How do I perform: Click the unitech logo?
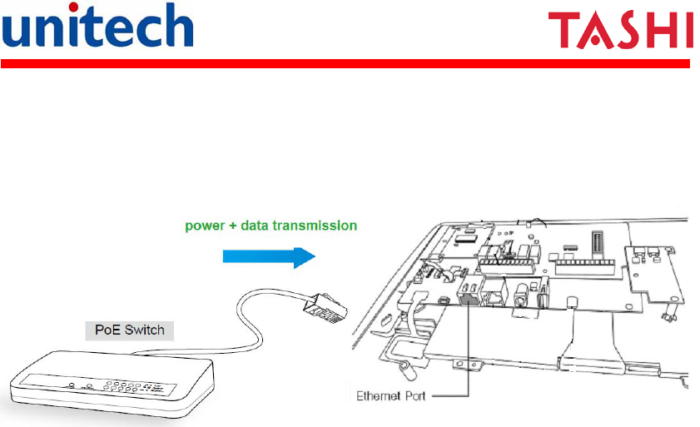(98, 27)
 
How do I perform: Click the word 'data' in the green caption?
(259, 225)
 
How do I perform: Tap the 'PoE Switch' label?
(127, 330)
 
